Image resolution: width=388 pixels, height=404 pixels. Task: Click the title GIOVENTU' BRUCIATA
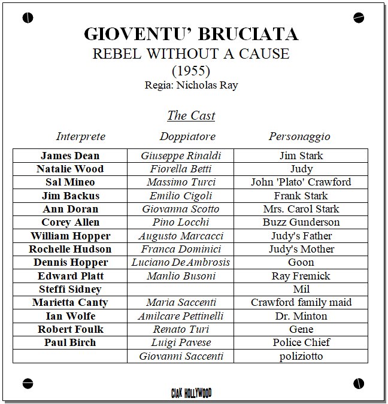coord(191,34)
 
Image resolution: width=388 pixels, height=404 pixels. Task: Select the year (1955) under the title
coord(191,70)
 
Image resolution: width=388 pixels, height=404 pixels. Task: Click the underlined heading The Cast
coord(191,116)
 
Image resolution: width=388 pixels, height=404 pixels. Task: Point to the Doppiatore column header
coord(187,136)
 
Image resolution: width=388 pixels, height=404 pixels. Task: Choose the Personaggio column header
coord(299,136)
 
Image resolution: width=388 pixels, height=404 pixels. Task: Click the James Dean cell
coord(69,156)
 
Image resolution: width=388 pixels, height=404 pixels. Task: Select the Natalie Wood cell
coord(69,169)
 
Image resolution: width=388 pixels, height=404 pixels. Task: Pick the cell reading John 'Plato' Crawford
coord(301,182)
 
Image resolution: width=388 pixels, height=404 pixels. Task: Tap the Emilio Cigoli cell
coord(181,196)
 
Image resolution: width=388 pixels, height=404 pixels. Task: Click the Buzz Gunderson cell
coord(301,222)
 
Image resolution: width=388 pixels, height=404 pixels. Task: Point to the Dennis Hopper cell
coord(71,262)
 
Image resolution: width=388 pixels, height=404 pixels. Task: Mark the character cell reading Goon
coord(301,262)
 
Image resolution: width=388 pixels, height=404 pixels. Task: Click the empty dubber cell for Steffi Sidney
coord(180,289)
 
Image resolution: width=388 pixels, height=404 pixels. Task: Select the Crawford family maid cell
coord(301,302)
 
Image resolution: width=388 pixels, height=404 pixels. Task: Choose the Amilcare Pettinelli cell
coord(181,316)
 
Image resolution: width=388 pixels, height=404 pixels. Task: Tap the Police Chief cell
coord(301,342)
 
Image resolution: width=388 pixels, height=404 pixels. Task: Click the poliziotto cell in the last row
coord(301,356)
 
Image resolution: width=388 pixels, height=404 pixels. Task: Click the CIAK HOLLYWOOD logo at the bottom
coord(191,393)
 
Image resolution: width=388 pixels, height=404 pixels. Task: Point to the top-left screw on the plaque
coord(28,18)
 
